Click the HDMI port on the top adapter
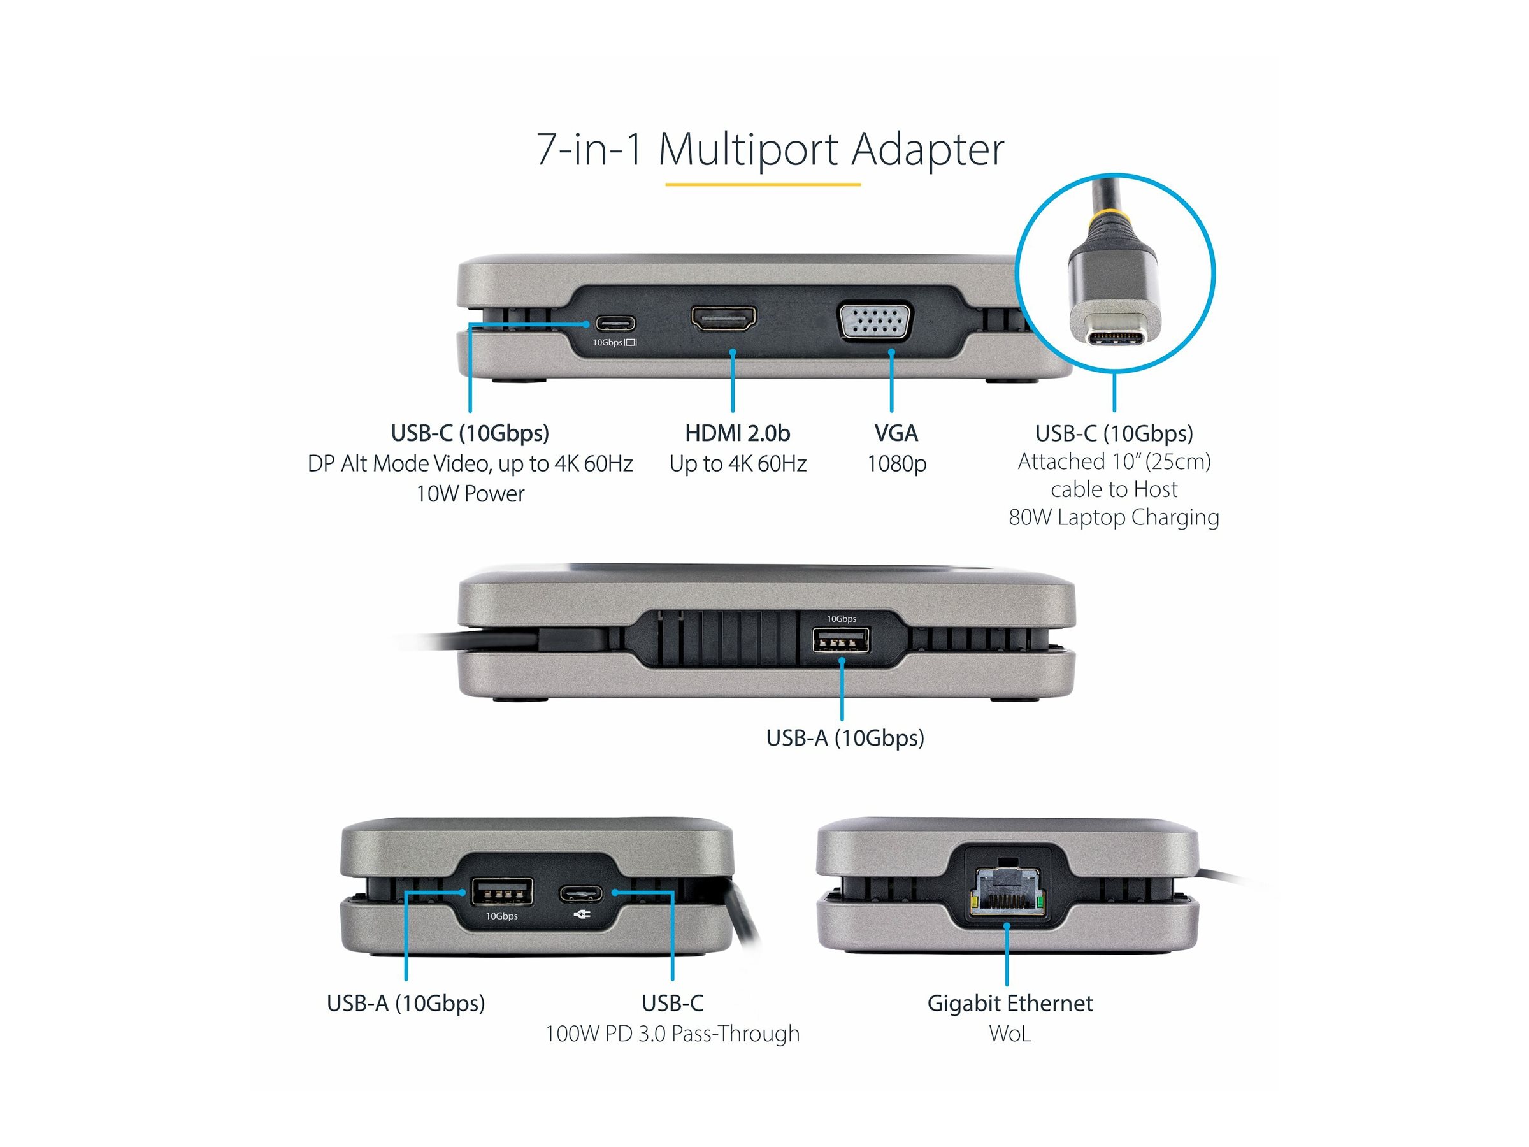pyautogui.click(x=724, y=319)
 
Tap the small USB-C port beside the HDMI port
pyautogui.click(x=615, y=323)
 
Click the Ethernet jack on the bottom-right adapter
pyautogui.click(x=1007, y=891)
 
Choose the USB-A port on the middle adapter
pyautogui.click(x=841, y=642)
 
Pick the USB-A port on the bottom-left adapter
pyautogui.click(x=502, y=892)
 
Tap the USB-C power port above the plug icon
pyautogui.click(x=580, y=893)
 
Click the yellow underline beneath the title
pyautogui.click(x=763, y=185)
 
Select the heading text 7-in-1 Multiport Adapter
pyautogui.click(x=770, y=148)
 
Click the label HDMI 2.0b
pyautogui.click(x=737, y=433)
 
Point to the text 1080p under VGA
pyautogui.click(x=896, y=463)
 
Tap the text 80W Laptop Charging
pyautogui.click(x=1114, y=517)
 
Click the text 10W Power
pyautogui.click(x=470, y=494)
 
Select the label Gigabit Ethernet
pyautogui.click(x=1009, y=1003)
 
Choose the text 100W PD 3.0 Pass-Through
pyautogui.click(x=672, y=1034)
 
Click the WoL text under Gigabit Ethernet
pyautogui.click(x=1009, y=1034)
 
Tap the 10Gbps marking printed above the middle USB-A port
pyautogui.click(x=841, y=619)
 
